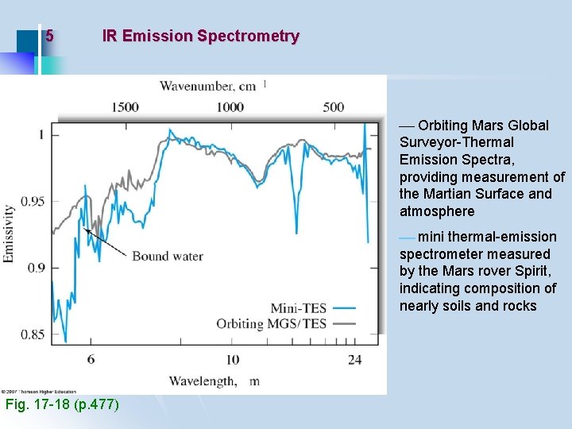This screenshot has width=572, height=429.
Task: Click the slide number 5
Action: [x=49, y=36]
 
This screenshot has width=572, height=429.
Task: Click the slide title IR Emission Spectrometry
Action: [x=200, y=36]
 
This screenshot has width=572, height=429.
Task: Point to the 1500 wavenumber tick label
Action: [x=126, y=107]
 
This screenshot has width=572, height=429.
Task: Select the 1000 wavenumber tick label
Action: [x=230, y=107]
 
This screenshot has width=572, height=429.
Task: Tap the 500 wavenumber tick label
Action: [x=334, y=107]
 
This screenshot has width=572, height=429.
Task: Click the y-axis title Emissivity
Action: [x=10, y=234]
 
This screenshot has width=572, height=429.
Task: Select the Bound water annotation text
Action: [x=167, y=256]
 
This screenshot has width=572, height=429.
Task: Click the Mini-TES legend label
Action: [x=298, y=307]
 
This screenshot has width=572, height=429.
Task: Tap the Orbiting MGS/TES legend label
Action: [x=271, y=323]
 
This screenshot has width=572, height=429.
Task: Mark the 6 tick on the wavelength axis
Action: [x=91, y=360]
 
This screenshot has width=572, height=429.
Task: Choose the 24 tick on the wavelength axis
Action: [x=354, y=360]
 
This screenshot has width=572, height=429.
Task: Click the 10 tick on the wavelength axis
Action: [x=232, y=360]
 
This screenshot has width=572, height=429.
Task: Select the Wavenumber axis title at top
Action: [x=208, y=86]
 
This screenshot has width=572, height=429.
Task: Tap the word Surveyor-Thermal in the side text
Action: [x=457, y=142]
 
